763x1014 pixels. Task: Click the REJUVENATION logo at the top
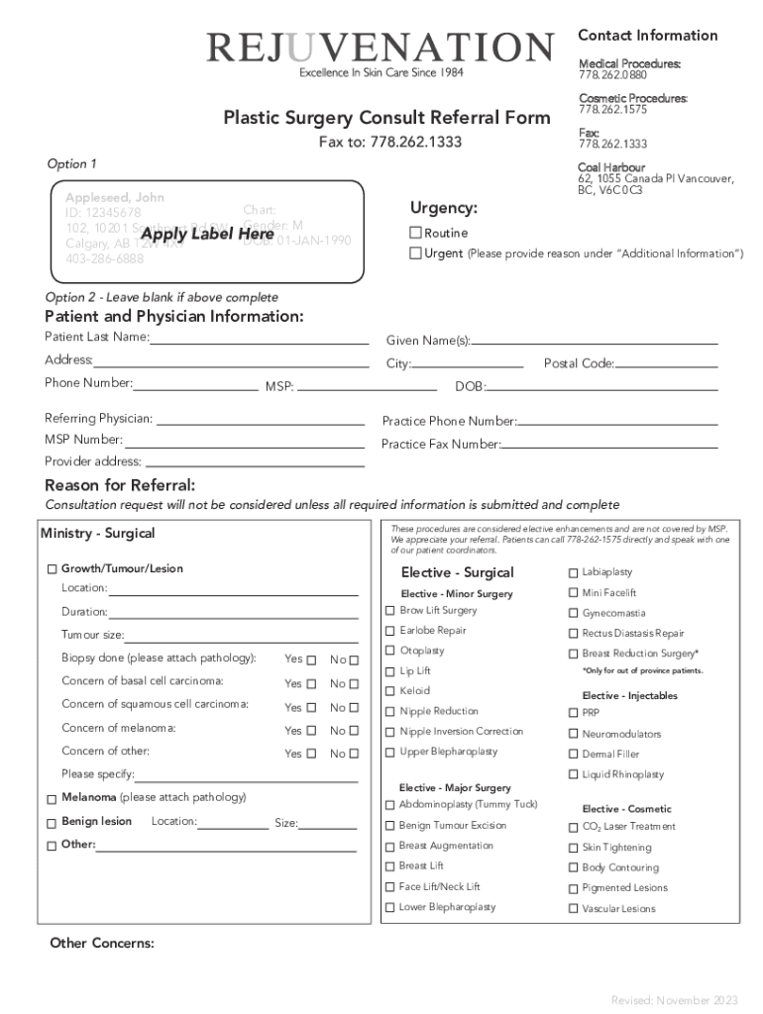point(380,48)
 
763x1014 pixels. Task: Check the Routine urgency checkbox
point(416,233)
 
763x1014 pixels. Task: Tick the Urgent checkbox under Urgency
point(416,253)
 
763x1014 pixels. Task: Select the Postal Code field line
point(666,364)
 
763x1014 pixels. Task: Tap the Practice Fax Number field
point(609,446)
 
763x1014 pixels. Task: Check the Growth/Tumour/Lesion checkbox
point(52,570)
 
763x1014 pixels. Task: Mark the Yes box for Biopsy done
point(311,660)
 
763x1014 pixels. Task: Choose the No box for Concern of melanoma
point(355,731)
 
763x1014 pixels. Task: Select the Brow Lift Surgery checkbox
point(390,611)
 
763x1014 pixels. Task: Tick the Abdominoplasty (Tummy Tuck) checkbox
point(389,805)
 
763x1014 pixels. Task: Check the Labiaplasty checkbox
point(573,573)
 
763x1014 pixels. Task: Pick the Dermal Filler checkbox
point(573,755)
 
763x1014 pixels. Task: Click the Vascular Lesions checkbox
point(573,909)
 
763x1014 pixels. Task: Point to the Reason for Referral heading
point(120,485)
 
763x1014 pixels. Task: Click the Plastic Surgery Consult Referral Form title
point(386,118)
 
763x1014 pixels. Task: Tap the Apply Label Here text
point(207,235)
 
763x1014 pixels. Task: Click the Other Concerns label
point(102,943)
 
